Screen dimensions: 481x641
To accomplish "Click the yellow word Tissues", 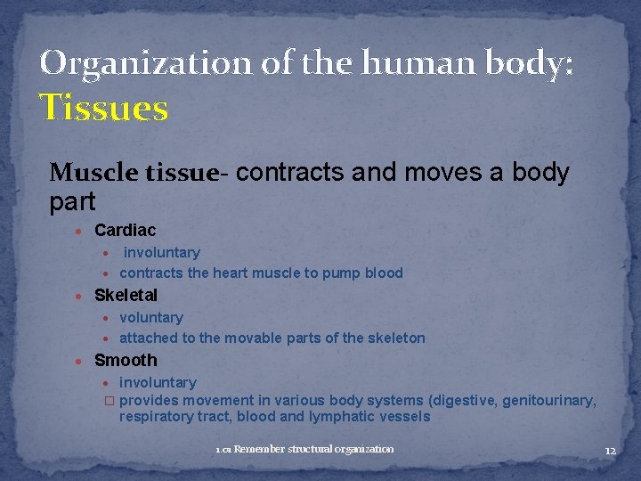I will pos(104,109).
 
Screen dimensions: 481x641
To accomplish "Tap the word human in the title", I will pos(393,63).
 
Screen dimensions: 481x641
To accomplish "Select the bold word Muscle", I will pos(86,172).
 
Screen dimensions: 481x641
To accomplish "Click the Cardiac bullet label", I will pos(125,231).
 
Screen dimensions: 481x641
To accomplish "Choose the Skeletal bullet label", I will pos(126,295).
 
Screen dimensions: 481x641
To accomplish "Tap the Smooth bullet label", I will pos(126,360).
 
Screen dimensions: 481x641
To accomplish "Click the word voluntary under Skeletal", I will pos(151,317).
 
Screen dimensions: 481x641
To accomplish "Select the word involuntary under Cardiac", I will pos(162,253).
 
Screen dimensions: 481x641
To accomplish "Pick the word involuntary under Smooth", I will pos(158,382).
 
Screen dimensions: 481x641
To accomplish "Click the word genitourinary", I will pos(548,400).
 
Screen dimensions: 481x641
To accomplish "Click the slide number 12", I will pos(610,451).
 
